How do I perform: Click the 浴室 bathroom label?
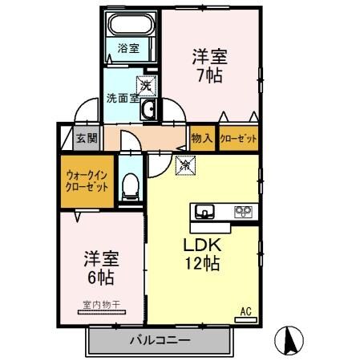(x=128, y=48)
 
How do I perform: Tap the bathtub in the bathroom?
(x=129, y=27)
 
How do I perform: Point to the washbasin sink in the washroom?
(x=148, y=109)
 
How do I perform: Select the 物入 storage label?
(x=202, y=138)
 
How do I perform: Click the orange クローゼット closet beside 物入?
(x=239, y=138)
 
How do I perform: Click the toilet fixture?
(x=130, y=187)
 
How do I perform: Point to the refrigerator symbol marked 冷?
(x=184, y=166)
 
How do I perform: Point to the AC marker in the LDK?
(x=245, y=310)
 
